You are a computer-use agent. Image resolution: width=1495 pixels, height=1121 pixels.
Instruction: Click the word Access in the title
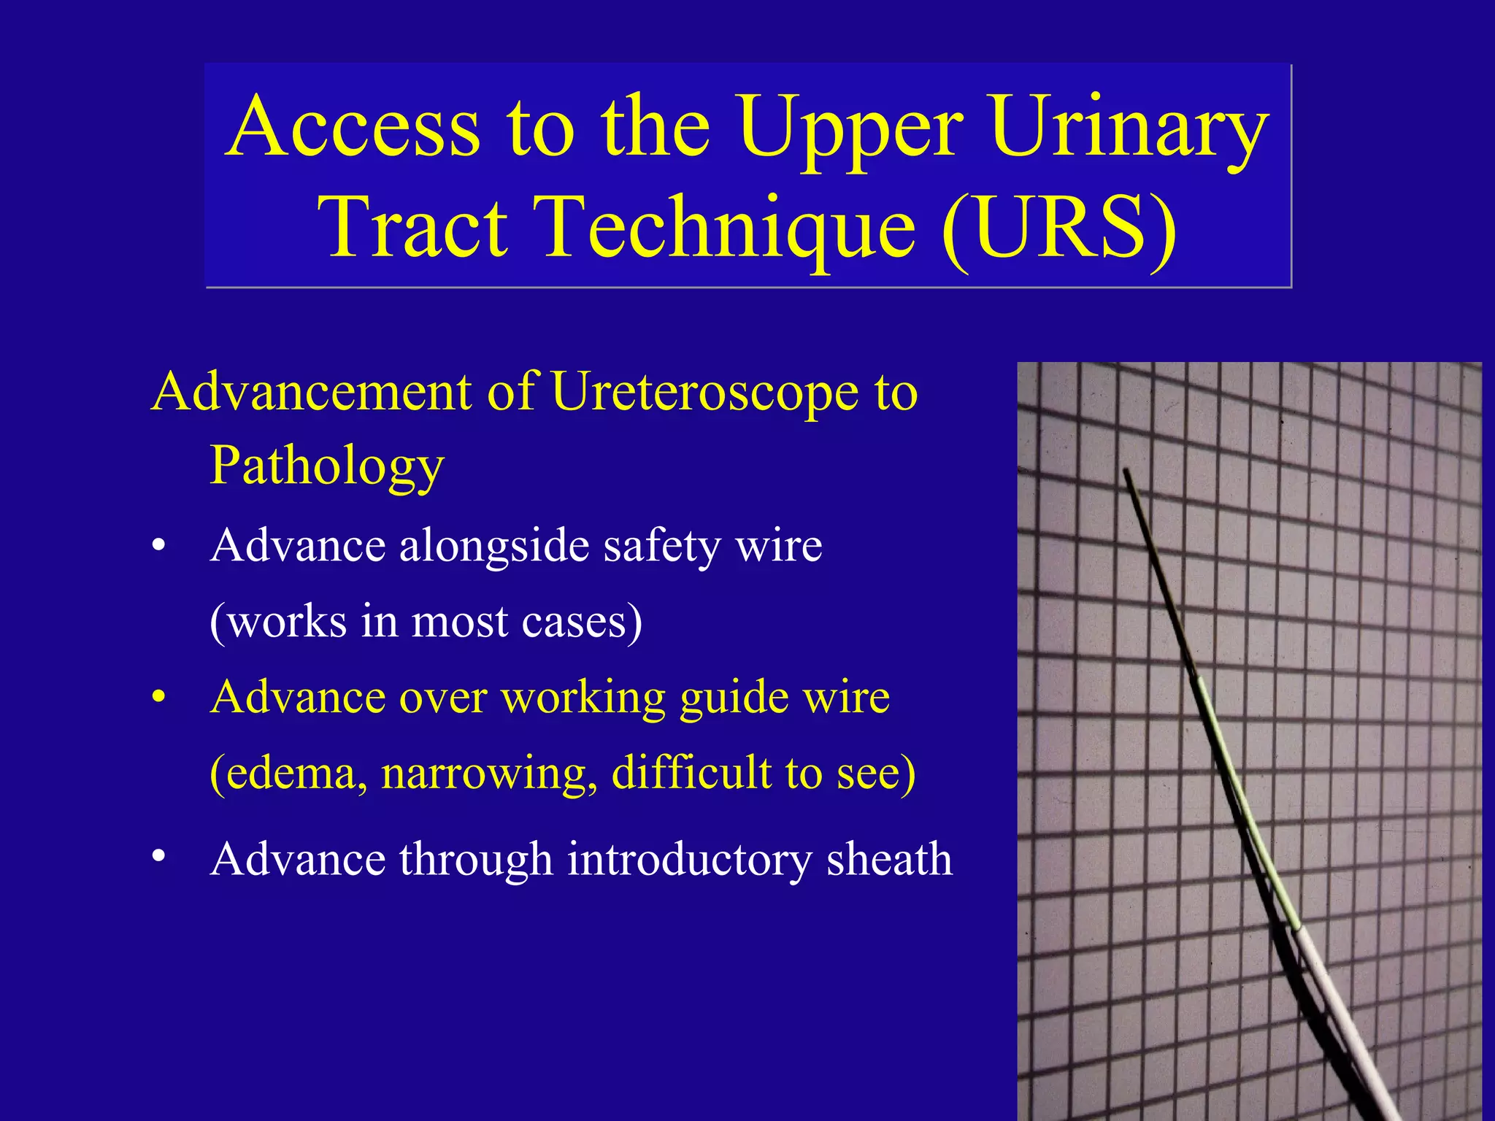point(353,127)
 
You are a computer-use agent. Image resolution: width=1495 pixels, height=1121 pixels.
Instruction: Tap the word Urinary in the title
point(1129,127)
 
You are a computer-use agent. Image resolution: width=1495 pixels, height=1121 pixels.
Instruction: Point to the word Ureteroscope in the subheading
point(704,393)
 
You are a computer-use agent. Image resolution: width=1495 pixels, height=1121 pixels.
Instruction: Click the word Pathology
point(326,466)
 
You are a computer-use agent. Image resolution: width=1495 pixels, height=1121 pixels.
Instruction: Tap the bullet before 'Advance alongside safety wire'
point(158,547)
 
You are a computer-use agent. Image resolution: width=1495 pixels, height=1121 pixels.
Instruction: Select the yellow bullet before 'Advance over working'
point(158,698)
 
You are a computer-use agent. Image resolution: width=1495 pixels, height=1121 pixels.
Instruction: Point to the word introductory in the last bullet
point(689,859)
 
